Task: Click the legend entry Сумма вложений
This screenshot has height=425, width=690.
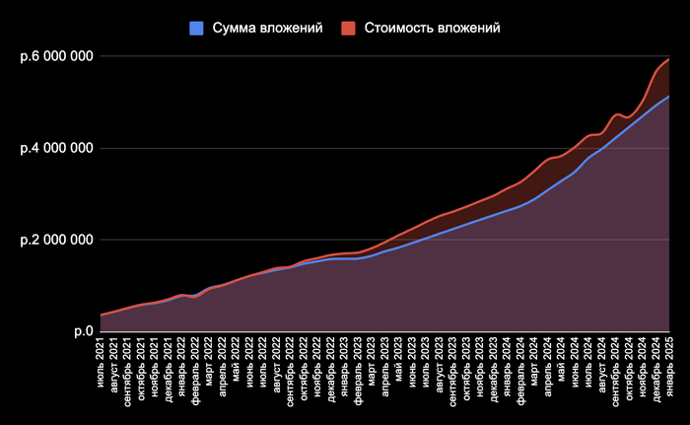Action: (x=267, y=28)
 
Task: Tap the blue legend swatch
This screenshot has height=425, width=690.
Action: (x=196, y=28)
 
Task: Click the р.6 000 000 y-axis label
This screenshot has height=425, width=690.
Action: (x=56, y=56)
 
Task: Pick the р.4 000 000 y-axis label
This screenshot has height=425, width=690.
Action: (x=56, y=148)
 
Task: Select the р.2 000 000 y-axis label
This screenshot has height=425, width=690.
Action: (x=56, y=240)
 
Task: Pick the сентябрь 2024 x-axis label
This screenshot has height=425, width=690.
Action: (x=614, y=369)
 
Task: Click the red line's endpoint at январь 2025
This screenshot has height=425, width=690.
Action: (x=668, y=60)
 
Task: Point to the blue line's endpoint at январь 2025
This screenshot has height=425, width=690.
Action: (x=668, y=97)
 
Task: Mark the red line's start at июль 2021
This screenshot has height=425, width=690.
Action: (x=101, y=315)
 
